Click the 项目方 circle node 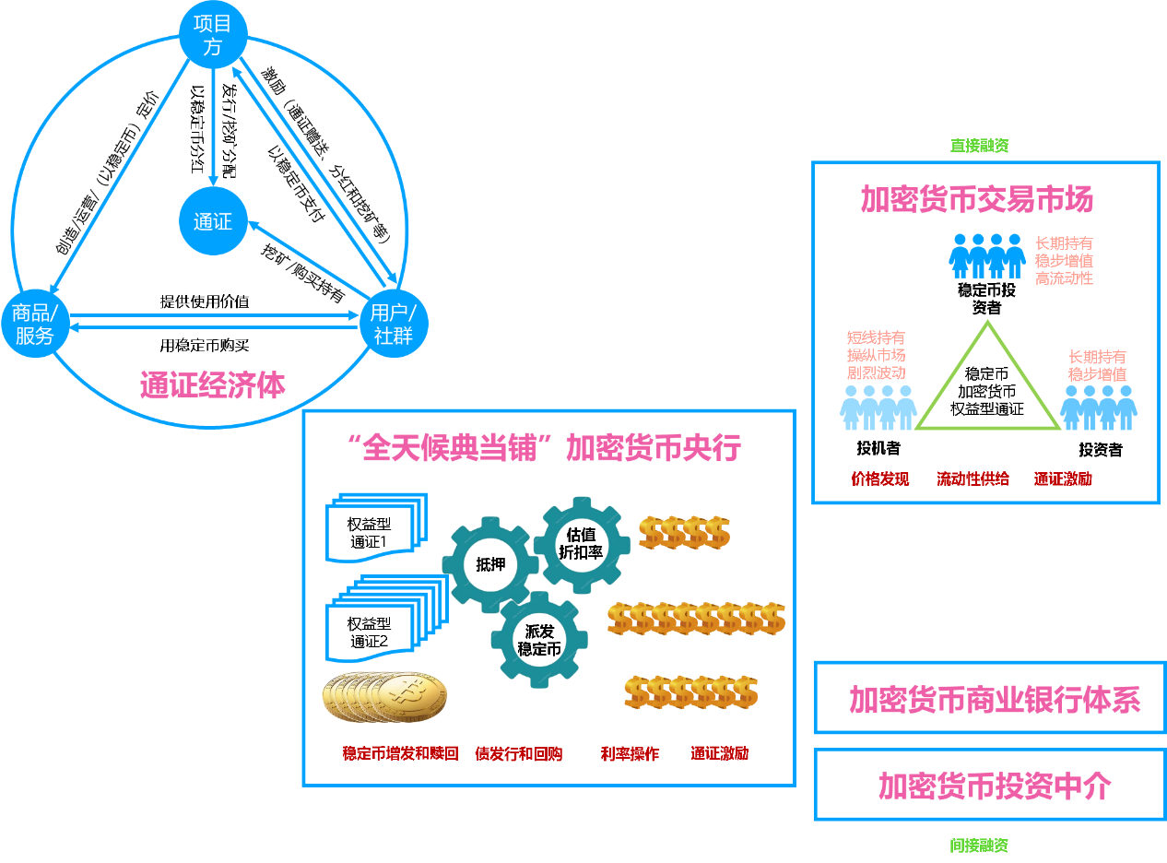coord(213,35)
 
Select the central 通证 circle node coord(213,221)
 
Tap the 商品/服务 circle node coord(35,324)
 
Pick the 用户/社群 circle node coord(394,324)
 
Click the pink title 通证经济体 coord(213,384)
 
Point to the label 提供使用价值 coord(205,301)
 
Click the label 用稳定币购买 coord(205,345)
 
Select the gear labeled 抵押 coord(490,564)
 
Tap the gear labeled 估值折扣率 coord(582,545)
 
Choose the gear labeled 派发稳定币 coord(539,640)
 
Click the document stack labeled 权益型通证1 coord(376,527)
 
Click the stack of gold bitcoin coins coord(384,697)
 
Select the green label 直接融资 coord(979,146)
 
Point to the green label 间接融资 coord(979,845)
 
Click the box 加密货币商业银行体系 coord(991,698)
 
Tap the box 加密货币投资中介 coord(991,785)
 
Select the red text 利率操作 coord(630,753)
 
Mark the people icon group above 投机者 coord(878,408)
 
